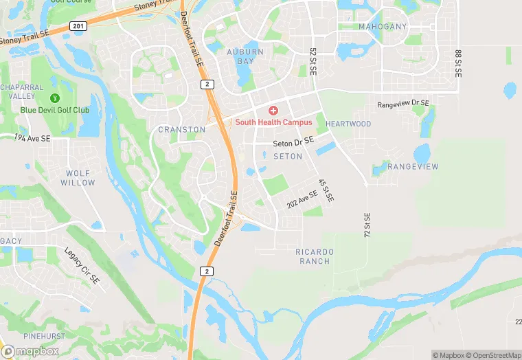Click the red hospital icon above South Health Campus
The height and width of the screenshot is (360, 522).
273,111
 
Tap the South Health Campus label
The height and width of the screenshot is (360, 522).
273,122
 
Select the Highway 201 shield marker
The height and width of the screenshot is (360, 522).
78,25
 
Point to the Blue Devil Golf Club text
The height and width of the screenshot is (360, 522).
54,110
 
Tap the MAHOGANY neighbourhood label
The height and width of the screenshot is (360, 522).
383,27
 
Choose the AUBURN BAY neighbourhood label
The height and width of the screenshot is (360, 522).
245,56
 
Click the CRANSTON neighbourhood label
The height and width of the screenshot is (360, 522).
181,129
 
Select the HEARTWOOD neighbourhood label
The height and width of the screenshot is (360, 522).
348,124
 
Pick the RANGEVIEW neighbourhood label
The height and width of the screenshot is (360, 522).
412,167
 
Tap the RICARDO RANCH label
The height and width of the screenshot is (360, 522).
315,256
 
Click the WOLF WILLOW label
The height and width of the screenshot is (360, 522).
78,178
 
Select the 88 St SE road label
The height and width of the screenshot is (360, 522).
457,63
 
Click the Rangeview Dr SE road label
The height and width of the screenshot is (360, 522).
403,104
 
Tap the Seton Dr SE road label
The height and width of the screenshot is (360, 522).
293,142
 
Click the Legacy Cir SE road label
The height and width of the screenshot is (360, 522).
82,267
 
